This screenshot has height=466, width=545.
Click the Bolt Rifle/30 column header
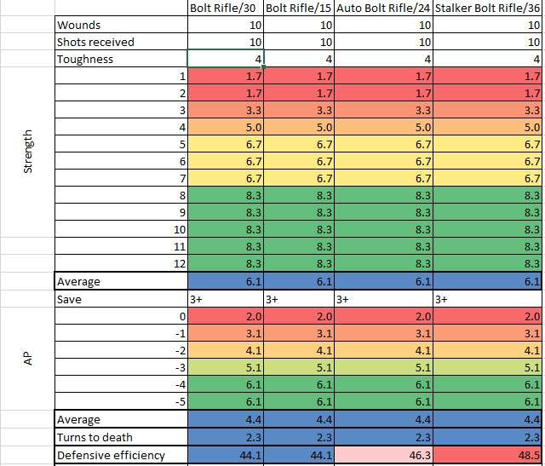pyautogui.click(x=223, y=8)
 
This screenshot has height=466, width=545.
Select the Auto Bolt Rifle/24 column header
pyautogui.click(x=383, y=8)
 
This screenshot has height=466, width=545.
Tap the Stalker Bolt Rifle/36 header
pyautogui.click(x=487, y=8)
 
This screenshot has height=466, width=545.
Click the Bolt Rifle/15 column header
pyautogui.click(x=299, y=8)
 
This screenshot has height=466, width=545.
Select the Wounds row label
pyautogui.click(x=78, y=25)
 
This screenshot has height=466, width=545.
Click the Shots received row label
pyautogui.click(x=95, y=42)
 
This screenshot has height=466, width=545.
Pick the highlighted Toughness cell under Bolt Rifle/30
pyautogui.click(x=226, y=59)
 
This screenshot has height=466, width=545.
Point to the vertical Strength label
pyautogui.click(x=28, y=152)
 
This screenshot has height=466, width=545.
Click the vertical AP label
pyautogui.click(x=28, y=359)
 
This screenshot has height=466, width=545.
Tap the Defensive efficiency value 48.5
pyautogui.click(x=528, y=455)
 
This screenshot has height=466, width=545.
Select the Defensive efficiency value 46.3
pyautogui.click(x=420, y=455)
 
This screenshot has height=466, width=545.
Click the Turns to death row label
pyautogui.click(x=95, y=437)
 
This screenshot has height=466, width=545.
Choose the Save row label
pyautogui.click(x=69, y=299)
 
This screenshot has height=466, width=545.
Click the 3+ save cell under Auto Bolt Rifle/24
pyautogui.click(x=342, y=299)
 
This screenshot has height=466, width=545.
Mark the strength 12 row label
pyautogui.click(x=180, y=263)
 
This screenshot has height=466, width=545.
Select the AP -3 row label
pyautogui.click(x=181, y=367)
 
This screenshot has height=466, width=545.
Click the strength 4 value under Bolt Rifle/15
pyautogui.click(x=324, y=127)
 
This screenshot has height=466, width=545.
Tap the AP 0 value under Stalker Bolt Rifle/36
pyautogui.click(x=531, y=316)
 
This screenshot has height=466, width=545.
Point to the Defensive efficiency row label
pyautogui.click(x=111, y=455)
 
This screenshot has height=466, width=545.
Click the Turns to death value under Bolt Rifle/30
pyautogui.click(x=253, y=437)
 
